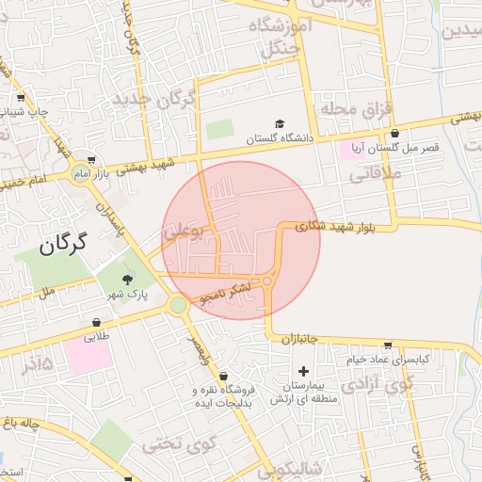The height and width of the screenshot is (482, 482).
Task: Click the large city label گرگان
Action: click(x=63, y=244)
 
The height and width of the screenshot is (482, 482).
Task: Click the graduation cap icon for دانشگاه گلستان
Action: click(x=279, y=123)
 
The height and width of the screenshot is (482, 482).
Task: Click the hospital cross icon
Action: click(x=303, y=372)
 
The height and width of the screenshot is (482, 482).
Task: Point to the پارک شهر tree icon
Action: click(x=128, y=278)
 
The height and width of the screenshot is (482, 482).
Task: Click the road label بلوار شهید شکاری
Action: click(x=332, y=226)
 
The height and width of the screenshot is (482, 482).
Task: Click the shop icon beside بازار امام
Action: click(x=90, y=159)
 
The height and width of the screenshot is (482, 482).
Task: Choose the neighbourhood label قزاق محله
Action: click(x=354, y=109)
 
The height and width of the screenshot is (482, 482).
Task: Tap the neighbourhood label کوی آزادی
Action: click(x=377, y=384)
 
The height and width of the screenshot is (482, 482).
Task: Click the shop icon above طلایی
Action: click(x=97, y=321)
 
